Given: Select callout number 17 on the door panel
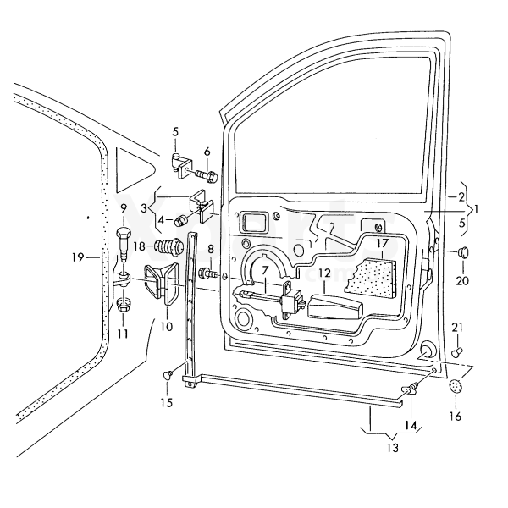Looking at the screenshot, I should [x=381, y=243].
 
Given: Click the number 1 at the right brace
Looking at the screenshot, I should [x=478, y=207].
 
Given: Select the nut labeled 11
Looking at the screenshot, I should [x=123, y=305].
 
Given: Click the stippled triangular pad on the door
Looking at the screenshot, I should [x=375, y=276].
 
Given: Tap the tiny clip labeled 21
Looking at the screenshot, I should [x=457, y=349].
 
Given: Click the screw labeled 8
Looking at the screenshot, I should [x=205, y=273].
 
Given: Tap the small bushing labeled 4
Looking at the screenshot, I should [x=181, y=222].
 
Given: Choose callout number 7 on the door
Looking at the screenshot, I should [x=264, y=270].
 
